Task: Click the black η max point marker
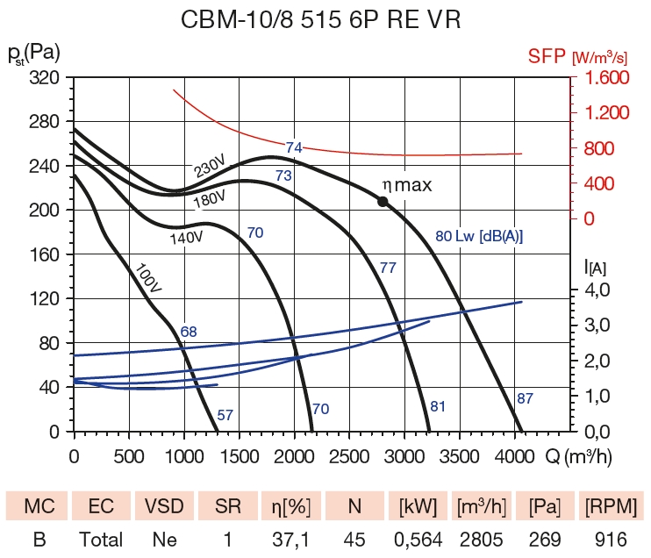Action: click(383, 202)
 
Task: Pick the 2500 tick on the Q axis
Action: click(349, 456)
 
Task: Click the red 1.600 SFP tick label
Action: click(603, 78)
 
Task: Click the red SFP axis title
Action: click(576, 57)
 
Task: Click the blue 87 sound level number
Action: click(525, 398)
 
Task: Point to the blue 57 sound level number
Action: click(225, 415)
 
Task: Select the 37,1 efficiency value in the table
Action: click(290, 540)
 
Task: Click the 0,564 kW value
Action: click(418, 540)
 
